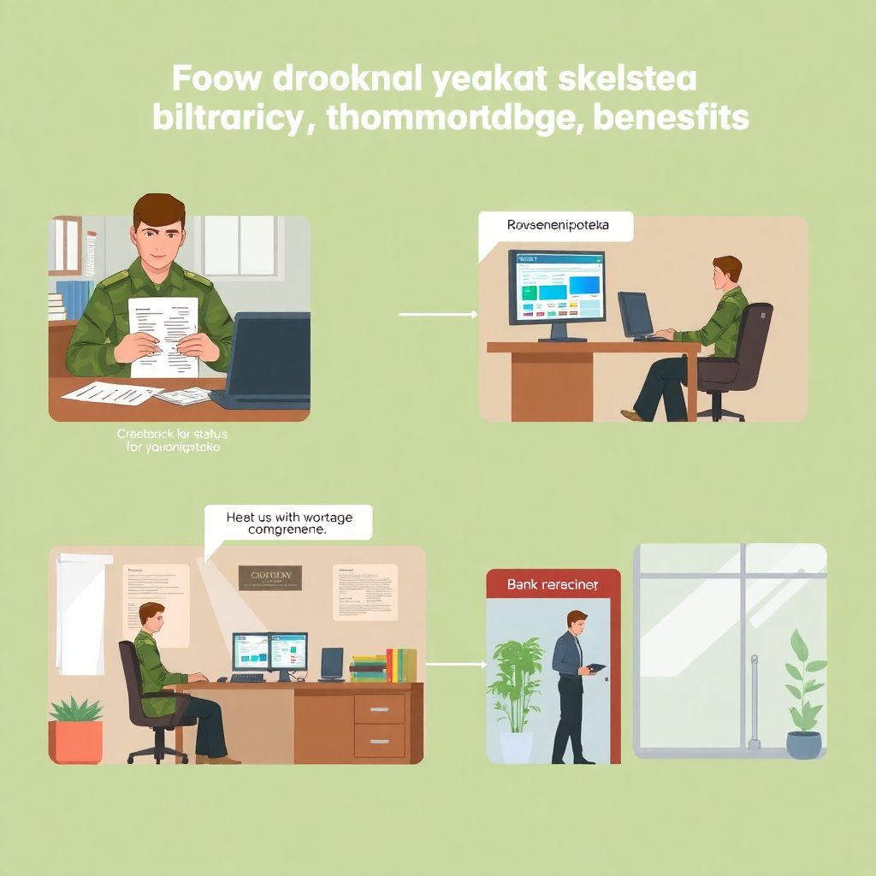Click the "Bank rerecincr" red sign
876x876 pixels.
[x=552, y=584]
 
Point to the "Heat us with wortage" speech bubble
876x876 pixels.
[x=288, y=522]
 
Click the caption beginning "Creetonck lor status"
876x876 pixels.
[x=172, y=440]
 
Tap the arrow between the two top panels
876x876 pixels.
[x=438, y=315]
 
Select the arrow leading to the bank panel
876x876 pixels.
[x=455, y=664]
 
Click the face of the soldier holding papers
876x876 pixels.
[x=159, y=235]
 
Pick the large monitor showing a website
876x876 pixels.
[x=557, y=287]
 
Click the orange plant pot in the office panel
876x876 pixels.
[x=78, y=739]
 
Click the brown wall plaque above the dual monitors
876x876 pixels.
[x=270, y=577]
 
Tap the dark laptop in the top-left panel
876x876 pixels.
[x=266, y=359]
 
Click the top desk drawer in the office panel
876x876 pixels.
[x=379, y=707]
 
